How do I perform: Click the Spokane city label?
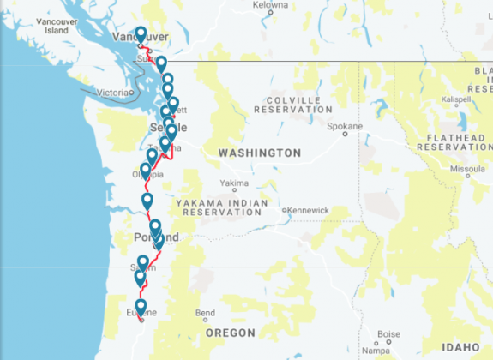pos(346,126)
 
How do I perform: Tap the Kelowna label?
pos(271,5)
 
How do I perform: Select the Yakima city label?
pos(235,183)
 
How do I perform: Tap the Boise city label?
pos(388,333)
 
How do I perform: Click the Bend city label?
pos(206,313)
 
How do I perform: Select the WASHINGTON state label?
pos(259,153)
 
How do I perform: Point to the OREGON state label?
pos(231,333)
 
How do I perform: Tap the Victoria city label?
pos(114,92)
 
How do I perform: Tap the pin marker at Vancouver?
pos(141,35)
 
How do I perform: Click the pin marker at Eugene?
pos(141,308)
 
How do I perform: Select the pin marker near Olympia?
pos(146,171)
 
